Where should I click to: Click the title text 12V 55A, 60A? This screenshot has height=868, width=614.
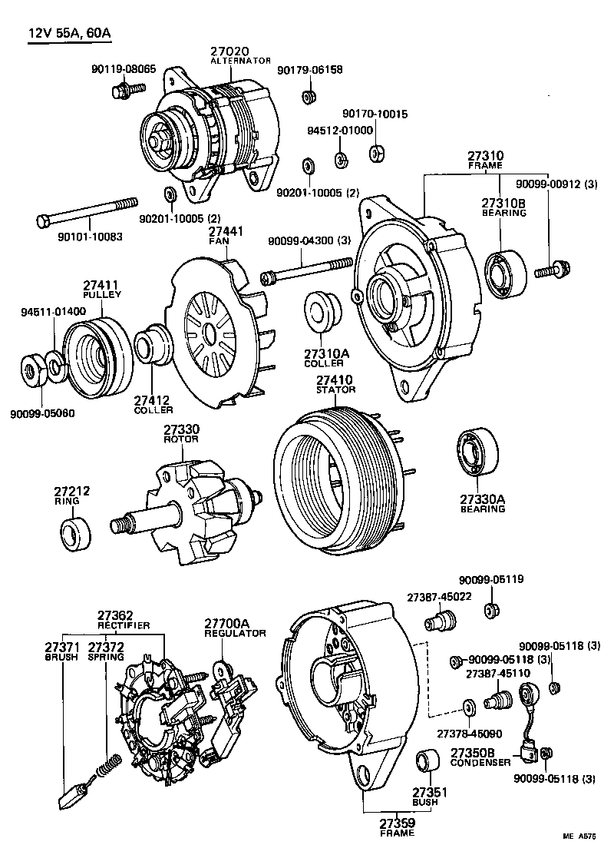tap(74, 34)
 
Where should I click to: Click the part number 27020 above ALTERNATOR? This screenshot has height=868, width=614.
tap(229, 51)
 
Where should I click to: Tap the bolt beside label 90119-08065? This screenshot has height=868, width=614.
tap(127, 91)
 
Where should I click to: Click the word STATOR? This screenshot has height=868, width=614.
tap(336, 390)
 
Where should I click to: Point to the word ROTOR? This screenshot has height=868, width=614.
tap(181, 439)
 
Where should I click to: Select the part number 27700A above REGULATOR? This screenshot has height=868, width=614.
tap(227, 623)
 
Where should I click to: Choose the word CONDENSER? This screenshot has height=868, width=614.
tap(480, 763)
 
